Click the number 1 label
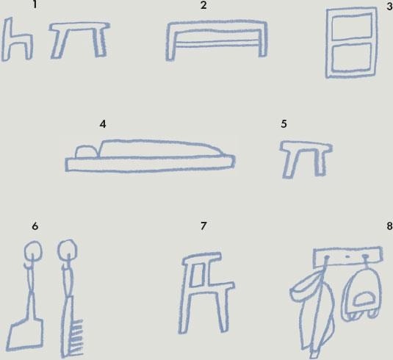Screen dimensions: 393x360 coord(35,5)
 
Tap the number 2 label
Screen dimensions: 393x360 coord(203,5)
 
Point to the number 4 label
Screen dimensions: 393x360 coord(103,124)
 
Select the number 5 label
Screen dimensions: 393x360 coord(284,124)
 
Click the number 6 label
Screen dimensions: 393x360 coord(35,226)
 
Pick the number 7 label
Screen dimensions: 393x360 coord(203,226)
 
